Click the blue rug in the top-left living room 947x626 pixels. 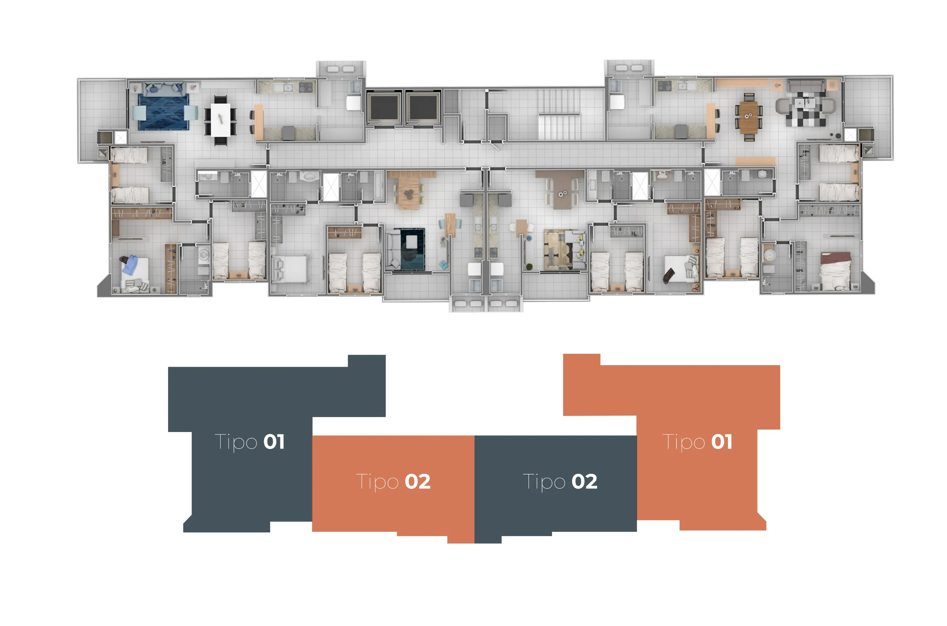[x=163, y=112]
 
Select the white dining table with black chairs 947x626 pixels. [x=220, y=120]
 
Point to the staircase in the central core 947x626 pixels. [x=559, y=114]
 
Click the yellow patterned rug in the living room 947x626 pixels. [x=558, y=250]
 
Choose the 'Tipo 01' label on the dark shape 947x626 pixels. [x=250, y=442]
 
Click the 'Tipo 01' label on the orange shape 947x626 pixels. [x=697, y=442]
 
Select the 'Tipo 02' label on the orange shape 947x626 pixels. [x=393, y=482]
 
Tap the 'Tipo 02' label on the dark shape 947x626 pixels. [x=560, y=482]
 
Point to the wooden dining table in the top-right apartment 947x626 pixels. [x=748, y=117]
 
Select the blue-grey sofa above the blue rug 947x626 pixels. [x=163, y=89]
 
